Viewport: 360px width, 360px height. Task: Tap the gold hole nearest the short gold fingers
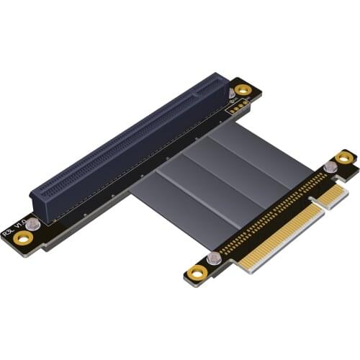pos(346,158)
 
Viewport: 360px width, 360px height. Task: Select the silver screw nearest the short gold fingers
pos(330,167)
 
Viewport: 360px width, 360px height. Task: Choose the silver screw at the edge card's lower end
pos(212,258)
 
